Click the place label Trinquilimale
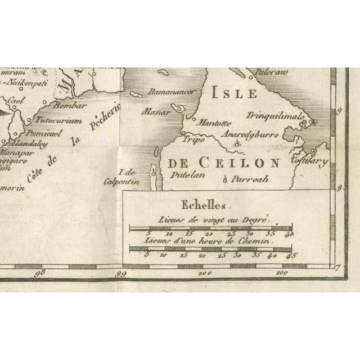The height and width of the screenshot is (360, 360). [x=275, y=116]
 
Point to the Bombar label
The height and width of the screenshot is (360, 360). [x=69, y=105]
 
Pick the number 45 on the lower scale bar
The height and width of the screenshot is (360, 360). [x=291, y=255]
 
